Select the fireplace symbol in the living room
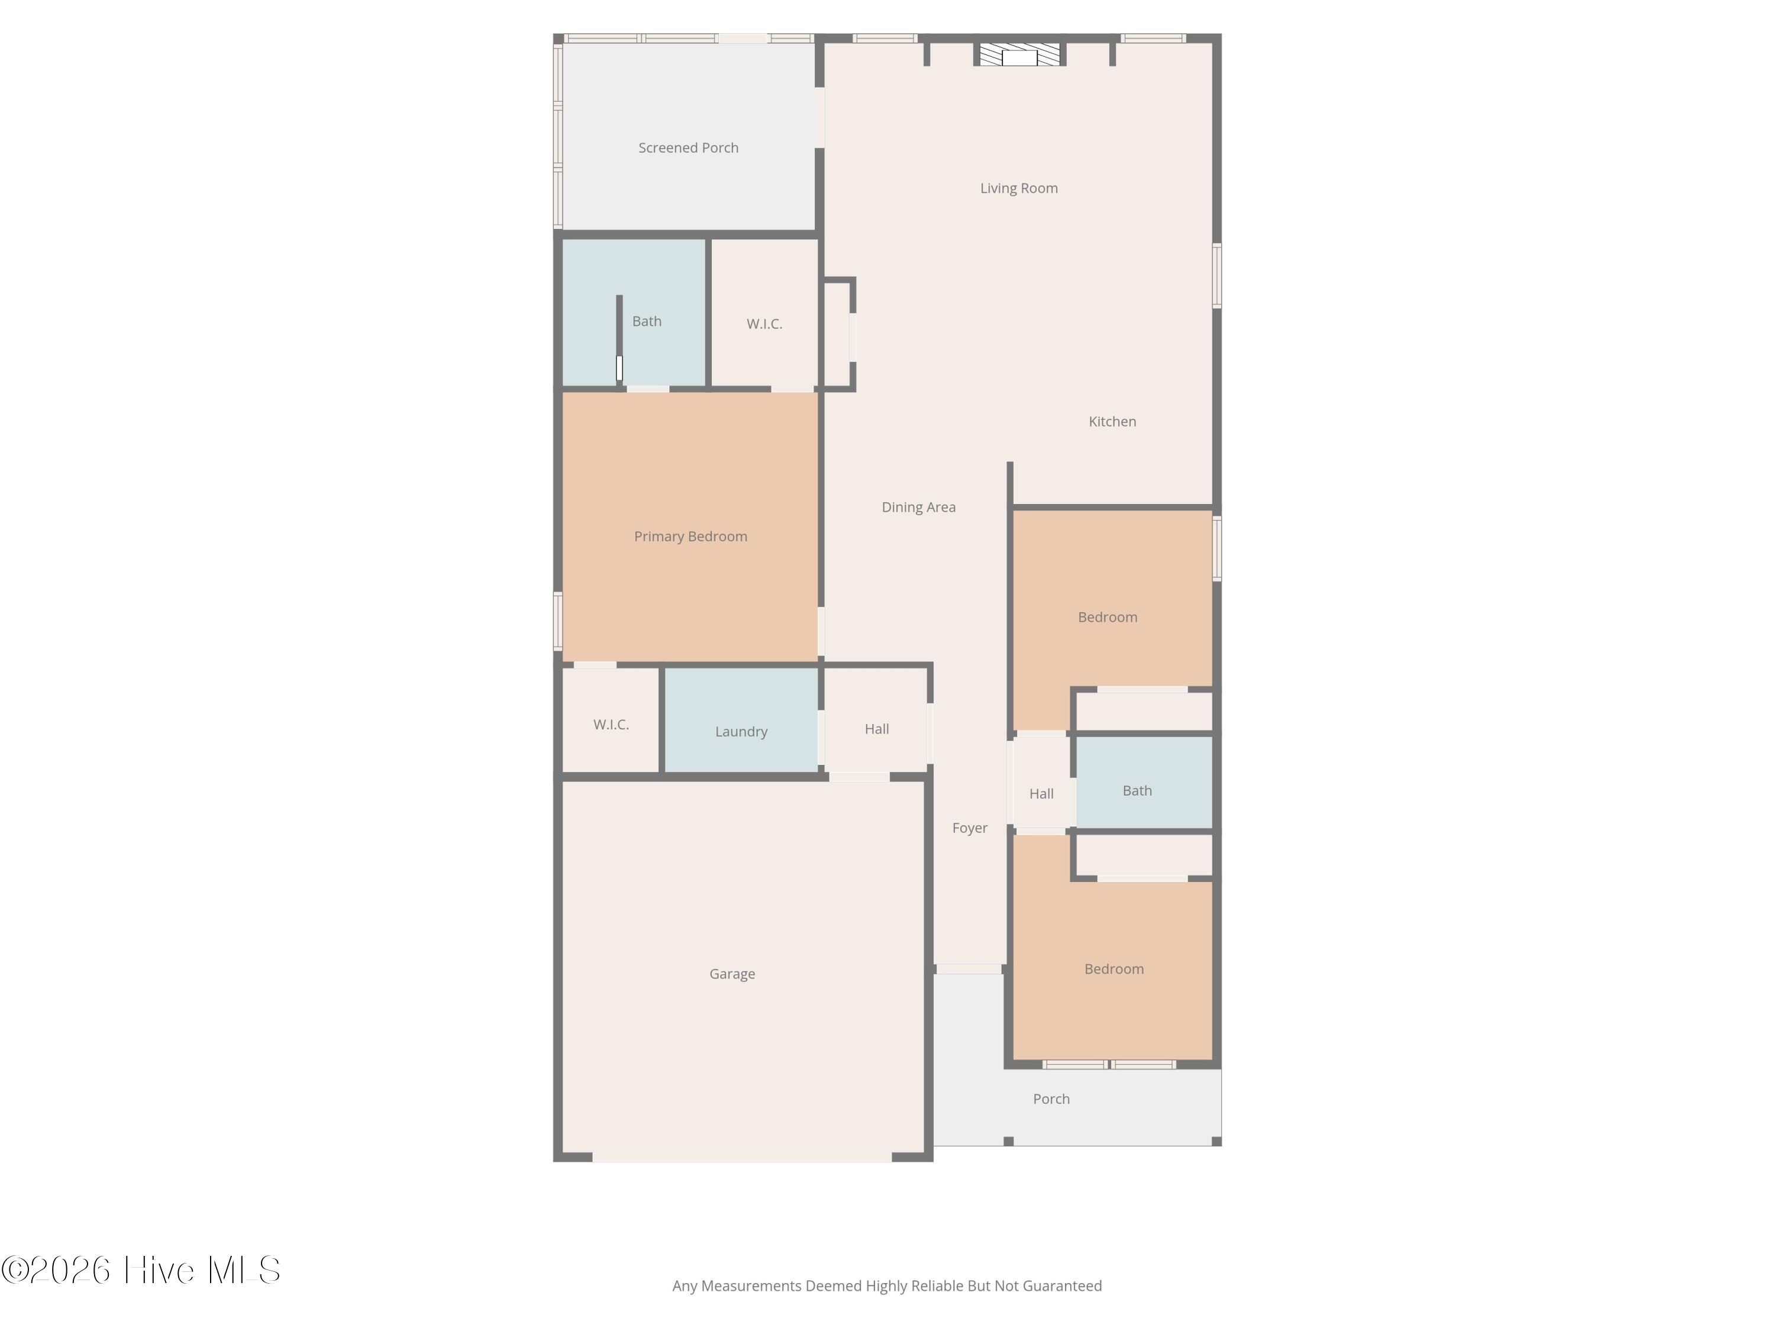(x=1019, y=54)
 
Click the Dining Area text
(x=918, y=507)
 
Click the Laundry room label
(x=741, y=732)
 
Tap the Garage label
(x=732, y=974)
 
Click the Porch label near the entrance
(x=1051, y=1099)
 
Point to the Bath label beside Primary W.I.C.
(x=647, y=321)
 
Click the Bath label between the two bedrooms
(x=1137, y=790)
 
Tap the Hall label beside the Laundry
(x=876, y=728)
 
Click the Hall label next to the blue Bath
(x=1041, y=793)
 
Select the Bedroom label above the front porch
(x=1114, y=969)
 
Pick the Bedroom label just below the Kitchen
(x=1108, y=617)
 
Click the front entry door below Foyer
(x=969, y=969)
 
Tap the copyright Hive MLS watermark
(x=140, y=1270)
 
